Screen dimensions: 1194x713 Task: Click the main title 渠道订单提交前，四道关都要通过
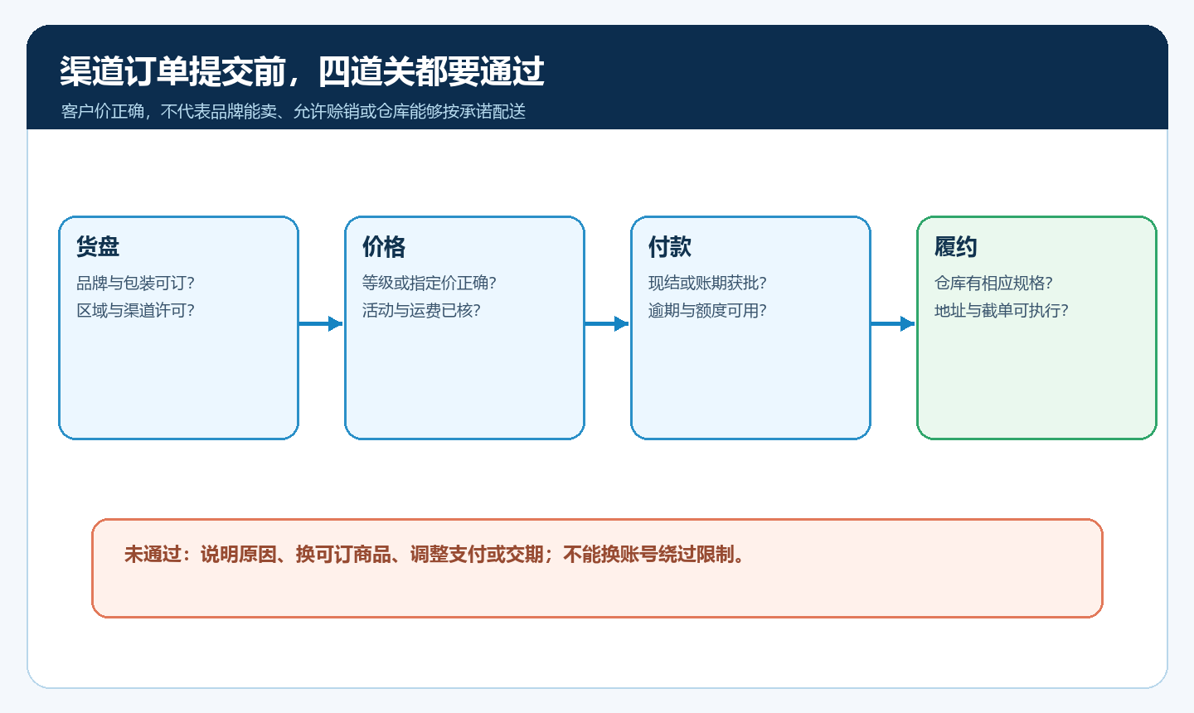[302, 70]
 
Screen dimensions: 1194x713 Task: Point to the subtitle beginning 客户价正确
[294, 111]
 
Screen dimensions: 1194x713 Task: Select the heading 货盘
[98, 247]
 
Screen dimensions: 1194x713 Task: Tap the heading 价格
[384, 247]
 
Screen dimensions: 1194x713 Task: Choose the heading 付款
[670, 247]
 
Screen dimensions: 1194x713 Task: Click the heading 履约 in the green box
[956, 247]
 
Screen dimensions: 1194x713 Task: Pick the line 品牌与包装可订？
[135, 283]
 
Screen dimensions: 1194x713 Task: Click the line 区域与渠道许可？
[135, 311]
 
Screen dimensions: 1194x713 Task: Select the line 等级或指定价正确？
[430, 283]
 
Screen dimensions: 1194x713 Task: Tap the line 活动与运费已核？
[421, 311]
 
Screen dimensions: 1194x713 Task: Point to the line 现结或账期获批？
[707, 283]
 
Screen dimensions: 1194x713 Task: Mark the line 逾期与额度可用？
[707, 311]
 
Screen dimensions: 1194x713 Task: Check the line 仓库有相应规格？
[993, 283]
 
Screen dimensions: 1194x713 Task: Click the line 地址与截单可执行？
[1002, 311]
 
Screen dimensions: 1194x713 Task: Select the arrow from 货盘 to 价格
[321, 323]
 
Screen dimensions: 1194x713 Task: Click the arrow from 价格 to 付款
[607, 323]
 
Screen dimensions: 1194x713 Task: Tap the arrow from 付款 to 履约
[893, 323]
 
